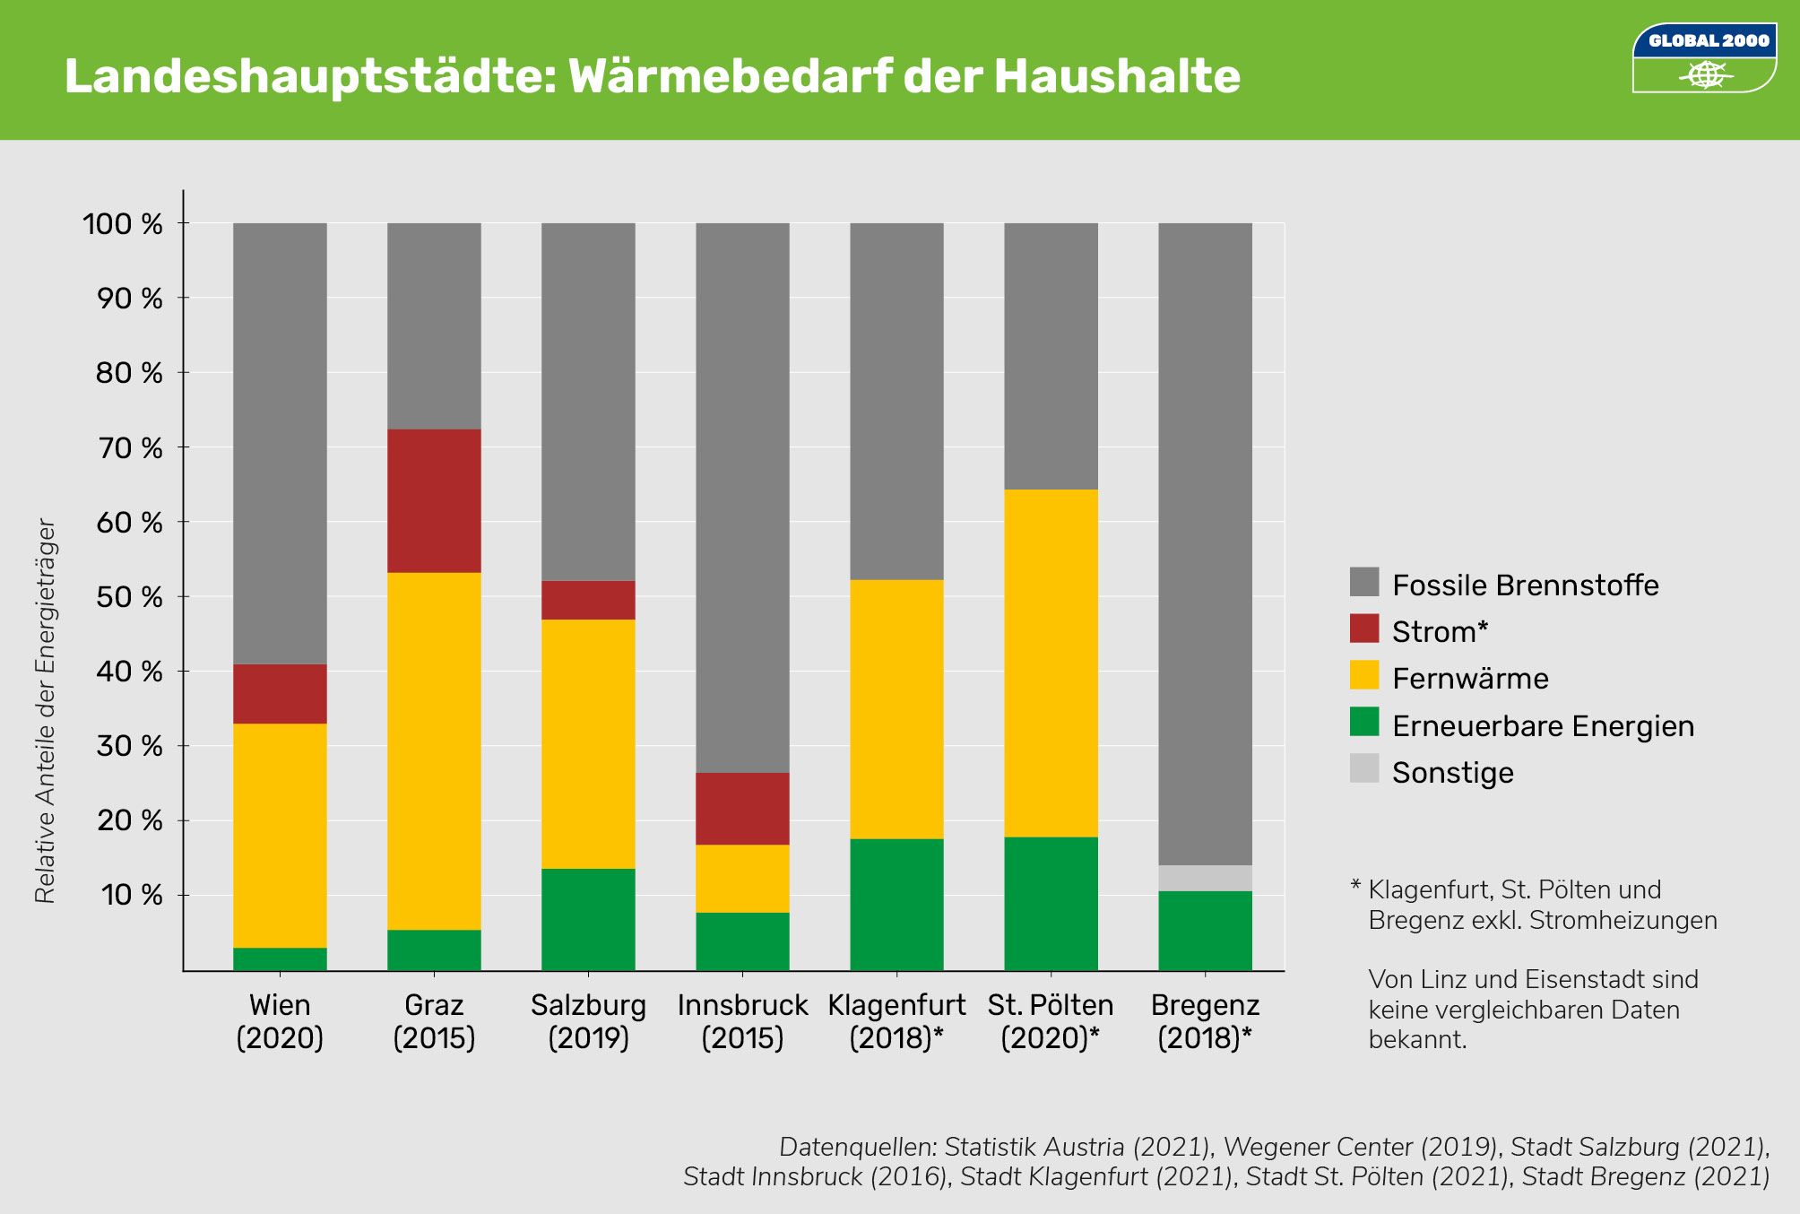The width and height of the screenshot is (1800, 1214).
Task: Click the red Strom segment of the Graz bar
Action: [434, 500]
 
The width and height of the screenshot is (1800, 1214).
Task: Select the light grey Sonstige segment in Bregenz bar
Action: [1205, 878]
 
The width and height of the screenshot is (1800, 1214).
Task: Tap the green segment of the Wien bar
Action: [280, 958]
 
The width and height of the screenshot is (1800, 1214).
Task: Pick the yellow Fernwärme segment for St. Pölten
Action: [1051, 663]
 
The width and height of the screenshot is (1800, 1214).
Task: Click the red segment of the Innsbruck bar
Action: [742, 808]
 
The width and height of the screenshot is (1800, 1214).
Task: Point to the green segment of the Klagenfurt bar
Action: [896, 904]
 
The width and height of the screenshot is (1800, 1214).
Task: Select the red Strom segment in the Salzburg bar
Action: [588, 600]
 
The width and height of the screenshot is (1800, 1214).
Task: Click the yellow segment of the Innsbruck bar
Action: [742, 878]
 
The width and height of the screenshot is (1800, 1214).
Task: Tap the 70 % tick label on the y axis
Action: [130, 447]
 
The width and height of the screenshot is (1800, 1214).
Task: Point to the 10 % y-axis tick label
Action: [132, 895]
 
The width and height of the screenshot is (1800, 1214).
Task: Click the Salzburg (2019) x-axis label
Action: [588, 1020]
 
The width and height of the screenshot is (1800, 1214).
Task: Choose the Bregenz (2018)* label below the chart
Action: [1205, 1020]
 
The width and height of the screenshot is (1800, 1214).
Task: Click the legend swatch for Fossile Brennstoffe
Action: [1363, 582]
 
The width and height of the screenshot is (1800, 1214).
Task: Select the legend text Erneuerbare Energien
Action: [1542, 725]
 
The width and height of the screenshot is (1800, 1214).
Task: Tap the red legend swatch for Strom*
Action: [1363, 629]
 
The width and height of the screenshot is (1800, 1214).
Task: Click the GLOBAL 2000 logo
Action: [1704, 57]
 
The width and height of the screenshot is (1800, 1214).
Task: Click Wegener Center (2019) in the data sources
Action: [1361, 1147]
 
